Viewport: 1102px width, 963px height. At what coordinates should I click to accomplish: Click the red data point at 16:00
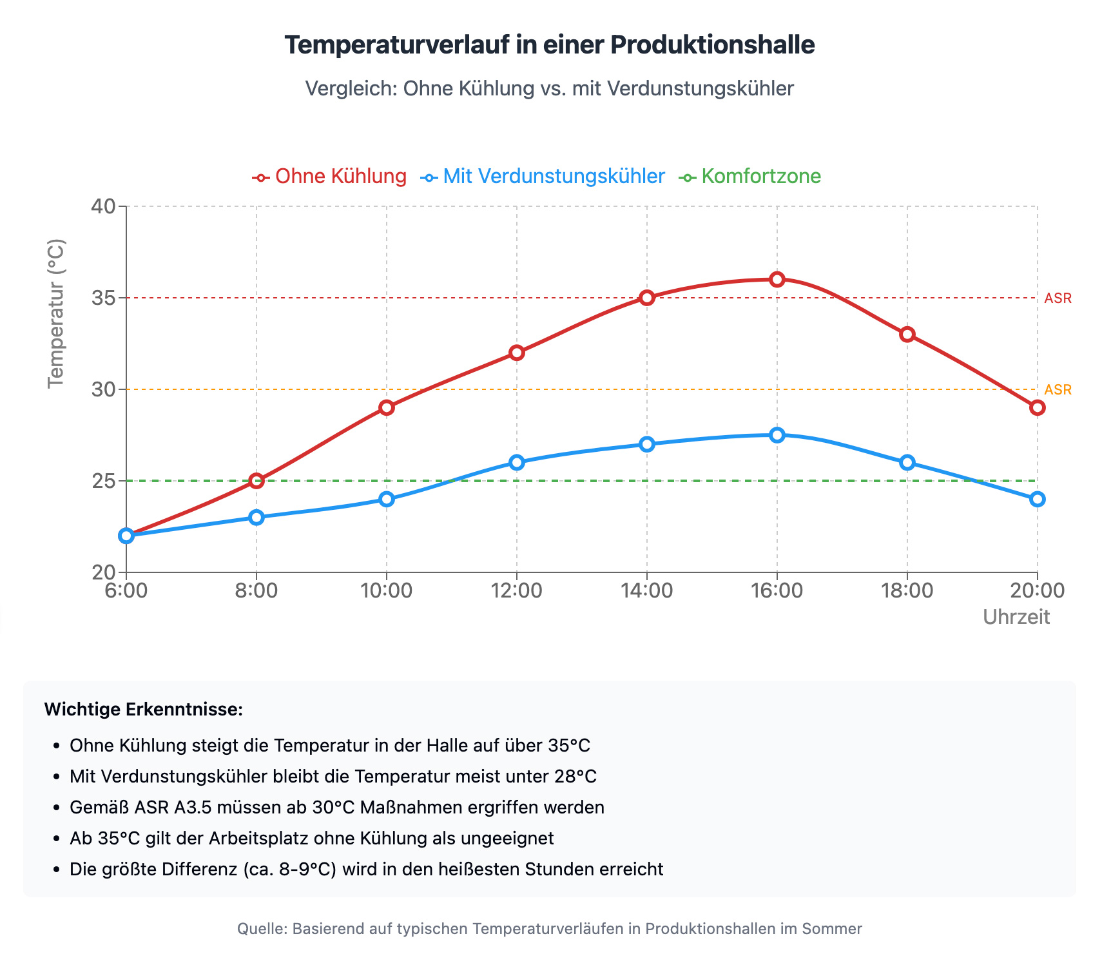(x=777, y=279)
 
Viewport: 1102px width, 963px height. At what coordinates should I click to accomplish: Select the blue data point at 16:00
(x=777, y=435)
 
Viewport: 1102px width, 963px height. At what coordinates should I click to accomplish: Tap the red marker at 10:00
(x=387, y=407)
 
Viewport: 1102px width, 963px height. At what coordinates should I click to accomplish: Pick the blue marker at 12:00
(x=517, y=462)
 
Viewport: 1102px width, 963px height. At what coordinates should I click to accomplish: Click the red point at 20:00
(x=1037, y=407)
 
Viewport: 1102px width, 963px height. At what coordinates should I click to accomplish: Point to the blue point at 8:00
(x=256, y=518)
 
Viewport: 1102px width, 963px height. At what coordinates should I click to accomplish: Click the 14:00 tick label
(x=647, y=590)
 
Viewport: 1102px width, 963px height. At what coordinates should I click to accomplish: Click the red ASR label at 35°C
(x=1058, y=298)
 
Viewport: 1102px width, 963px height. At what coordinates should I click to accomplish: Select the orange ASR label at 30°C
(x=1058, y=390)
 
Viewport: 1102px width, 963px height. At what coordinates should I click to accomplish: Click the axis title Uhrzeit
(x=1016, y=618)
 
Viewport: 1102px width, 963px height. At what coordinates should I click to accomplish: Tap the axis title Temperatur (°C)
(x=57, y=314)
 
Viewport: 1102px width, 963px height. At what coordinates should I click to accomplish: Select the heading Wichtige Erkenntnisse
(x=143, y=710)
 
